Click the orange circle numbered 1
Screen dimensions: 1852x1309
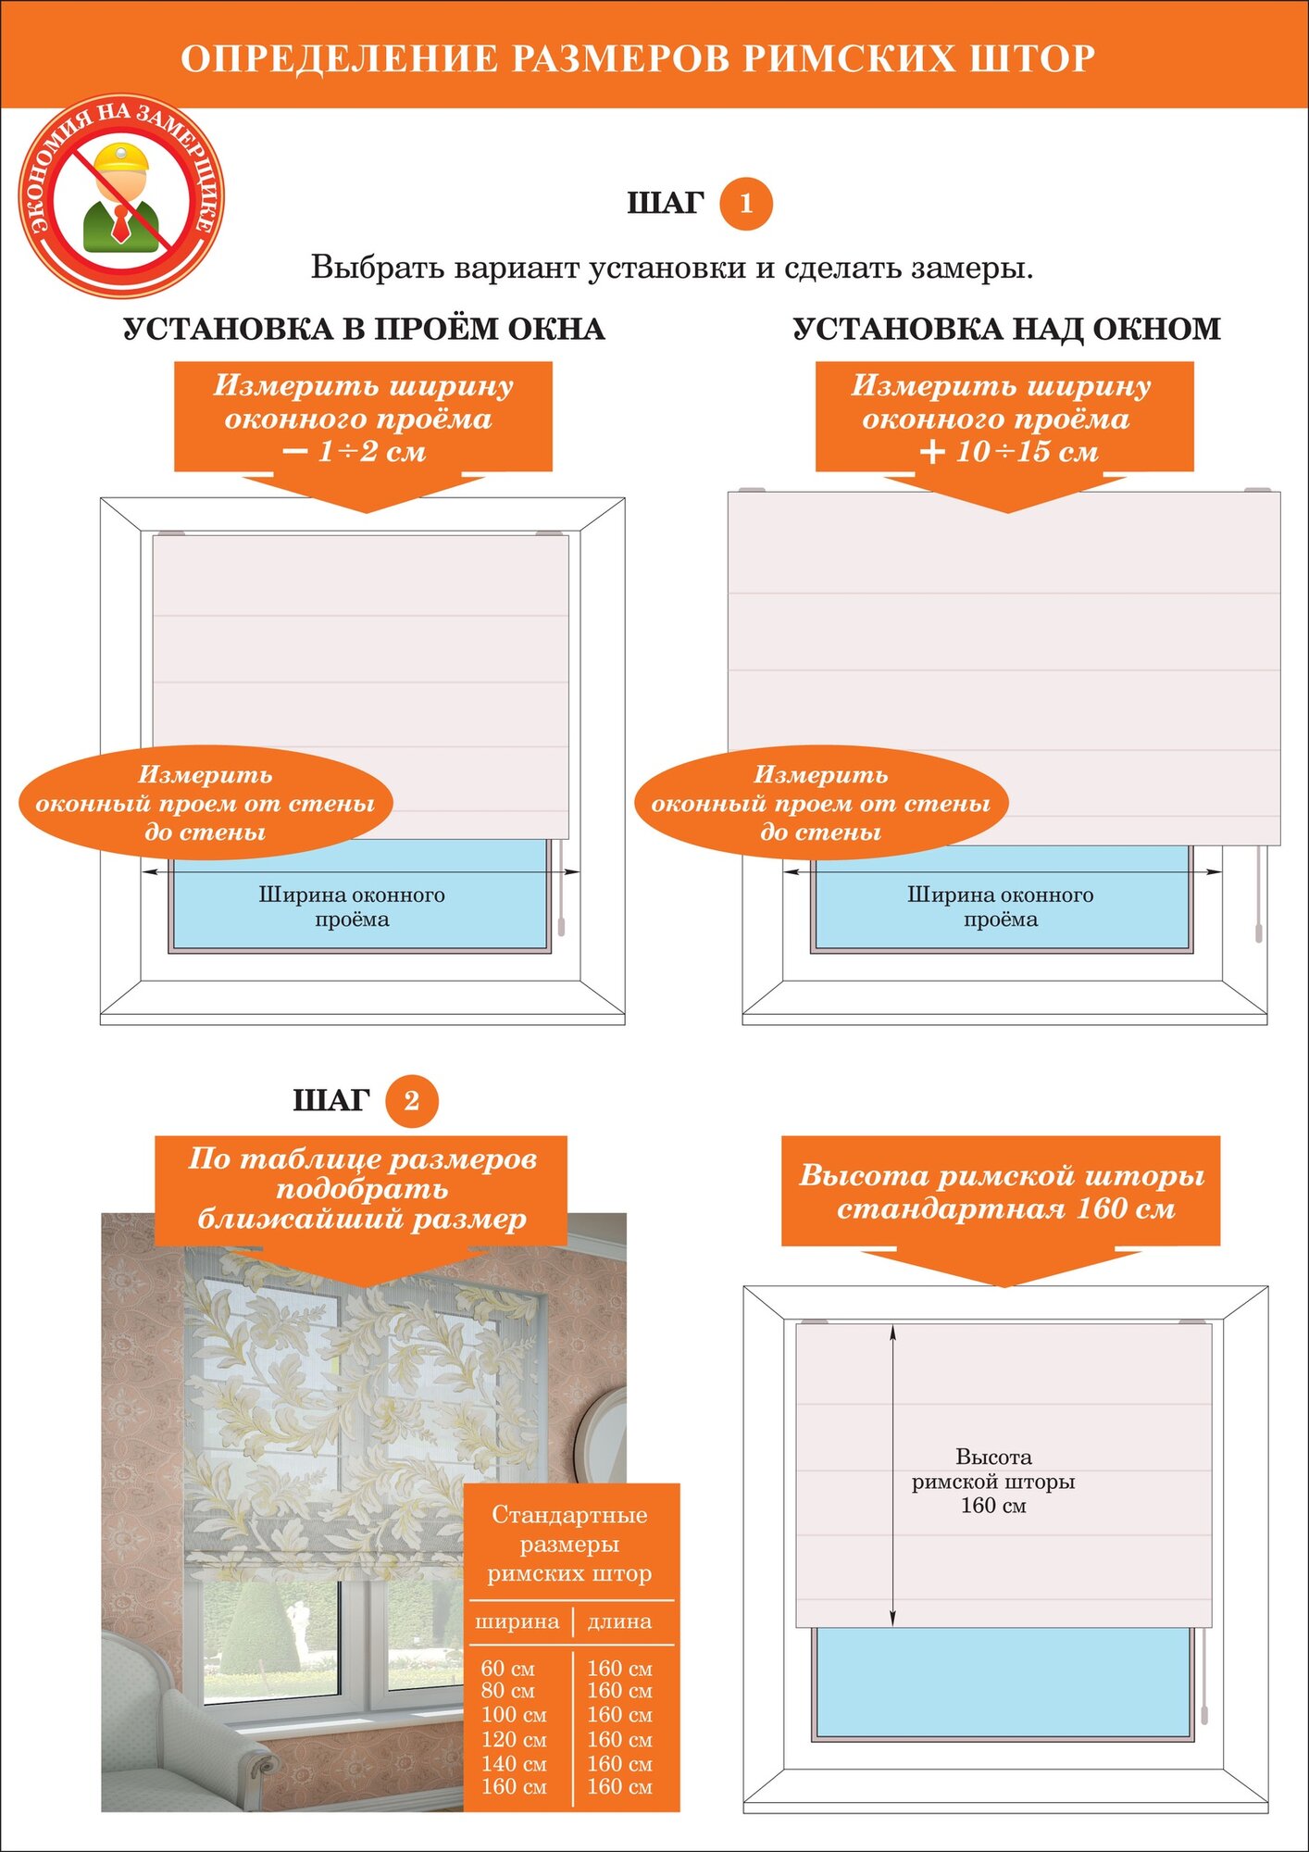click(x=745, y=204)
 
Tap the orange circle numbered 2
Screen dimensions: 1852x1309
click(x=411, y=1101)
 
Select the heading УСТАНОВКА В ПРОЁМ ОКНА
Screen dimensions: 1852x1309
click(x=364, y=330)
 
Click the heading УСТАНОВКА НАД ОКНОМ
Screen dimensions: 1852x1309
click(x=1006, y=330)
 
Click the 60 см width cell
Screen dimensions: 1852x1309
click(x=507, y=1669)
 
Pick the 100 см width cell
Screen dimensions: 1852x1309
click(x=513, y=1715)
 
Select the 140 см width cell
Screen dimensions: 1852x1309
click(x=513, y=1764)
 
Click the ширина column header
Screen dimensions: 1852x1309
click(x=517, y=1621)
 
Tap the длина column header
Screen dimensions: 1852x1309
click(x=619, y=1621)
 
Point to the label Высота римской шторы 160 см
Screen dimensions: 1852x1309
click(x=993, y=1481)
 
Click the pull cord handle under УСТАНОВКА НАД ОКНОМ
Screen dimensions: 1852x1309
click(x=1258, y=931)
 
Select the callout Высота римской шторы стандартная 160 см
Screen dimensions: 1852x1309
click(x=1002, y=1192)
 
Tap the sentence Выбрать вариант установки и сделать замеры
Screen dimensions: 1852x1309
click(x=672, y=268)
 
